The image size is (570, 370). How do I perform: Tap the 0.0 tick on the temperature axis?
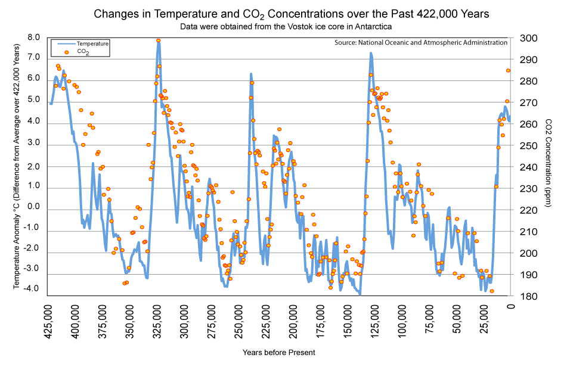click(x=33, y=207)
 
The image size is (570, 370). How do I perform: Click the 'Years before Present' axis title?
click(x=278, y=352)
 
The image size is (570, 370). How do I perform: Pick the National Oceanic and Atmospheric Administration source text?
click(x=421, y=43)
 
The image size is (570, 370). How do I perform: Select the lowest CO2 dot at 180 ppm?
click(x=492, y=291)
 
